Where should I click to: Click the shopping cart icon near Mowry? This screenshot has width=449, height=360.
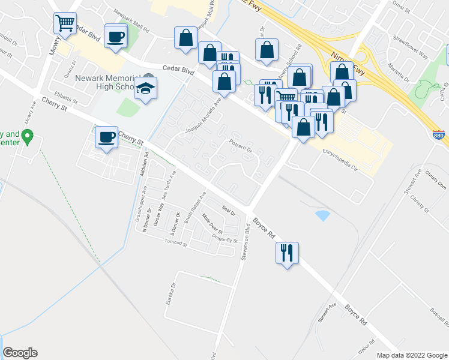[65, 24]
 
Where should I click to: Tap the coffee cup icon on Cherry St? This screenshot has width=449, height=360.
[107, 138]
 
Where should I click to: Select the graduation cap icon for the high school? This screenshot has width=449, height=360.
[145, 89]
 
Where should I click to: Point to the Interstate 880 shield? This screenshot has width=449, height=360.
[438, 137]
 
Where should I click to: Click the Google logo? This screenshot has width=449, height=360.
[20, 353]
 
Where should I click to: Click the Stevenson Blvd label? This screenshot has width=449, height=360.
[246, 242]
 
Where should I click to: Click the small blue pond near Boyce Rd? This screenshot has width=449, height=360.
[322, 215]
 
